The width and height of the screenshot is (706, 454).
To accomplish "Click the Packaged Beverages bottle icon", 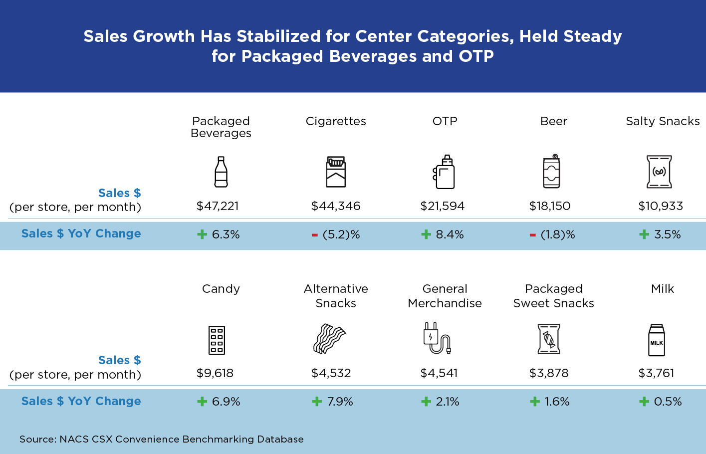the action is click(x=221, y=172).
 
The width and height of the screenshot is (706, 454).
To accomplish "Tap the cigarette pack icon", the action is click(x=336, y=172).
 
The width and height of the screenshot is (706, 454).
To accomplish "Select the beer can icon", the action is click(x=551, y=171).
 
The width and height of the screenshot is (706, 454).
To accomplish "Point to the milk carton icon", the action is click(x=657, y=340).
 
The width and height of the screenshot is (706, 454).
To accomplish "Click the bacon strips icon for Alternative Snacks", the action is click(x=329, y=339).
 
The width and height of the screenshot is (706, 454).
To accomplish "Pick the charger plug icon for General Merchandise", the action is click(x=437, y=338).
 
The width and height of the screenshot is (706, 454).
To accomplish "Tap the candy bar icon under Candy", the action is click(x=217, y=340).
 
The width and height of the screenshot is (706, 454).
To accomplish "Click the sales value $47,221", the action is click(x=218, y=206).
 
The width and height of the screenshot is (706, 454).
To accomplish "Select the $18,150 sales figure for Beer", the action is click(x=550, y=206).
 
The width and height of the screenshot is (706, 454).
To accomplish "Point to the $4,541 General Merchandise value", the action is click(x=439, y=373).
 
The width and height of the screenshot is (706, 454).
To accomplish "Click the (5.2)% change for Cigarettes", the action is click(x=341, y=234).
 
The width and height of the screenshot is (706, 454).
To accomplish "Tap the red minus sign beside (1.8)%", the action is click(x=533, y=235).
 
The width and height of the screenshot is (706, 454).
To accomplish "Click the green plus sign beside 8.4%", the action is click(x=426, y=234).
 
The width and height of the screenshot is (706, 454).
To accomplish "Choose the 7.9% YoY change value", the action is click(x=340, y=402).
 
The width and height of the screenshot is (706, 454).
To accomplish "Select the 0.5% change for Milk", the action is click(x=668, y=402).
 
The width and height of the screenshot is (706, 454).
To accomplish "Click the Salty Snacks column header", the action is click(x=663, y=121).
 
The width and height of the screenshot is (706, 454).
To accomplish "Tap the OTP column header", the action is click(x=445, y=121).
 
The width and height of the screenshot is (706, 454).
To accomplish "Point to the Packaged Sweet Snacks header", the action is click(x=553, y=296).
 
